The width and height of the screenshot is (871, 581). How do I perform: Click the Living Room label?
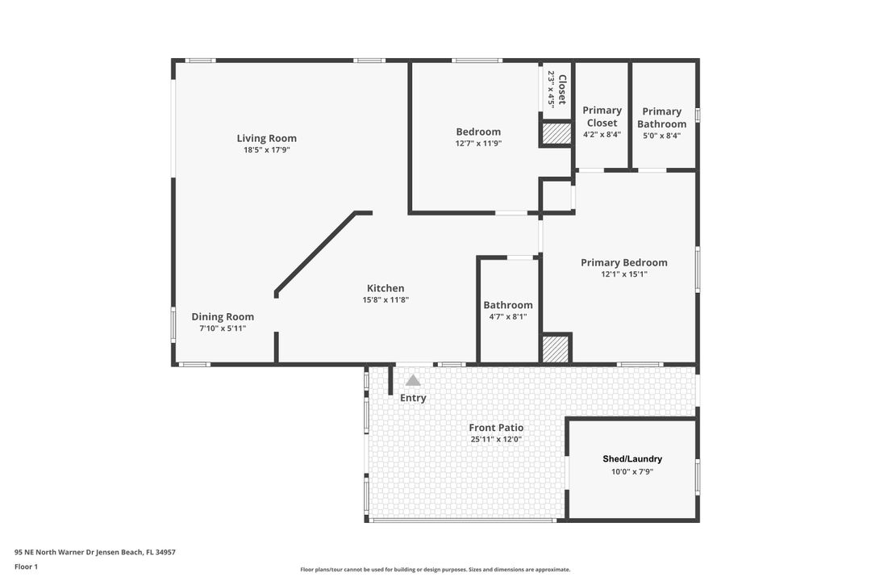pos(266,138)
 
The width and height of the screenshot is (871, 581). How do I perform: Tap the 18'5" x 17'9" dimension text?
pos(266,150)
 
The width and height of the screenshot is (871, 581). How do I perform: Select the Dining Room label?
pos(223,317)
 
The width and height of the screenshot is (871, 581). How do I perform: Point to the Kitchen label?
pos(385,288)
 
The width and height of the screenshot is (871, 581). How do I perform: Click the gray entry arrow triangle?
pos(413,380)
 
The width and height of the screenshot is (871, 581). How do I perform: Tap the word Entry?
pos(413,398)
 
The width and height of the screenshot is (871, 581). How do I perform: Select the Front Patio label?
pos(496,428)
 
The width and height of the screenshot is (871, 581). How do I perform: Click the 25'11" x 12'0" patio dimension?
pos(496,440)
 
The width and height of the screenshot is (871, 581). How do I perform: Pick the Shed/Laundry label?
pos(632,459)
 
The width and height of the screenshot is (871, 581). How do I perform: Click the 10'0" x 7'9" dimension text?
pos(632,472)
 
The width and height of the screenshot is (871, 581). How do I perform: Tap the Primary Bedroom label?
pos(624,262)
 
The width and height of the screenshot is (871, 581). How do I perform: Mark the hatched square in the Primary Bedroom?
pos(555,349)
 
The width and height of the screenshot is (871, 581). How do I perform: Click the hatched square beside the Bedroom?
pos(555,133)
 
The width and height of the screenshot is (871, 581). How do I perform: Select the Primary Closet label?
pos(602,117)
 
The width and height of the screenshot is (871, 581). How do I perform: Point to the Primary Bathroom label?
pos(662,118)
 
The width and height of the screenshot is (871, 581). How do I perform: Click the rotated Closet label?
pos(562,90)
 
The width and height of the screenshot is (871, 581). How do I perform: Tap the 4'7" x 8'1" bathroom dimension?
pos(508,317)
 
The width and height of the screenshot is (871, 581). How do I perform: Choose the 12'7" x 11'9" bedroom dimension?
pos(478,144)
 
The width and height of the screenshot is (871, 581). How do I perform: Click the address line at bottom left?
pos(95,553)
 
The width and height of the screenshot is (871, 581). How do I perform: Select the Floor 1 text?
pos(26,566)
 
